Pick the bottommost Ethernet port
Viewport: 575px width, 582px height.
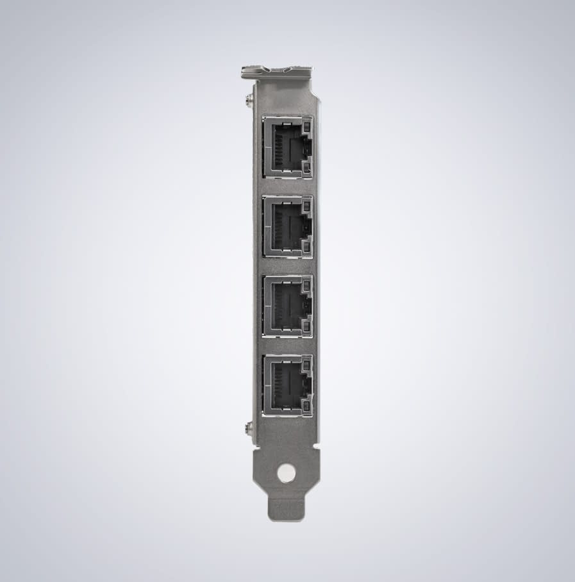pos(286,385)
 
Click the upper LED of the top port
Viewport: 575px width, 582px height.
pos(306,126)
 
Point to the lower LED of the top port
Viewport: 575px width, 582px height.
pos(306,169)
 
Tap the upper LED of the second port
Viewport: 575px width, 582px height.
pos(306,205)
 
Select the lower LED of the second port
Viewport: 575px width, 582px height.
pos(306,247)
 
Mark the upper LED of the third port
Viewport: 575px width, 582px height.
pos(306,285)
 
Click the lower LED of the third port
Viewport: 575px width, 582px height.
pos(306,327)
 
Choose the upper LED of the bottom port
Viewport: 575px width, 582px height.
pos(306,364)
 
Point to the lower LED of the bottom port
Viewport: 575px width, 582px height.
pos(306,406)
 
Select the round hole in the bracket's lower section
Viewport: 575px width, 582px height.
pos(287,474)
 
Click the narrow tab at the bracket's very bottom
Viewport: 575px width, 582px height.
pos(286,510)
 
